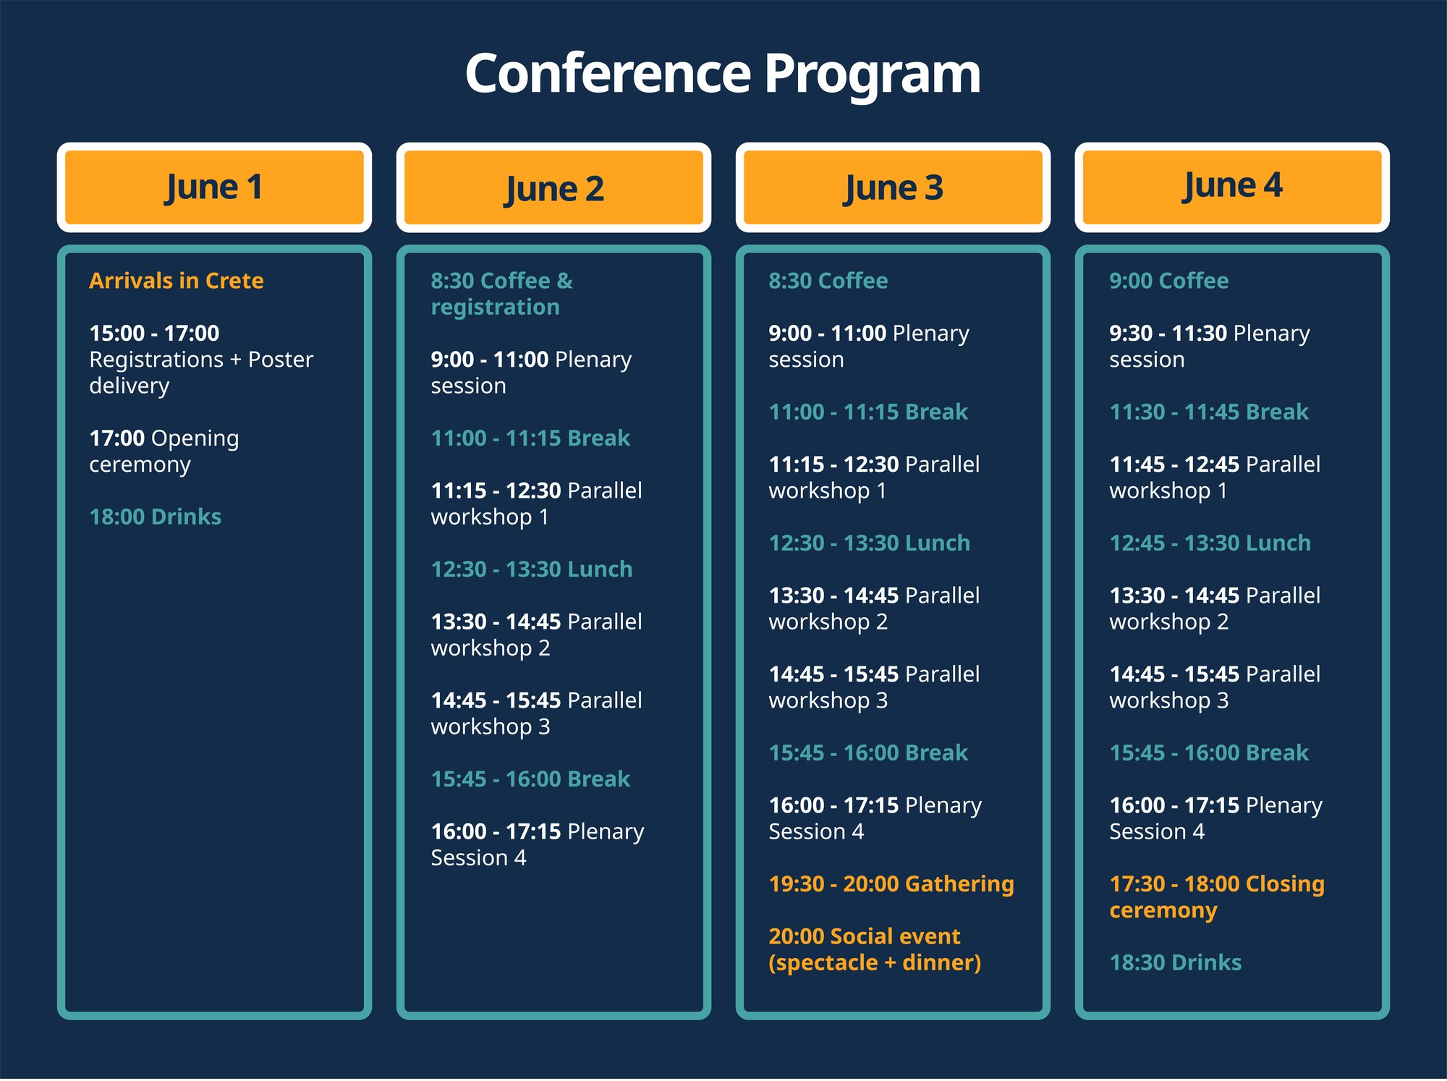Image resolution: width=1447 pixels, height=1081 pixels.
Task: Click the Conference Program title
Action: click(722, 74)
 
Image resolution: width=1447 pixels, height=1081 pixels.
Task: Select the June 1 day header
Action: click(214, 187)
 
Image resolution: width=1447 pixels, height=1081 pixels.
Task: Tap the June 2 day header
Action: click(553, 189)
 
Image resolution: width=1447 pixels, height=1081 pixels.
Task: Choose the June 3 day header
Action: click(893, 188)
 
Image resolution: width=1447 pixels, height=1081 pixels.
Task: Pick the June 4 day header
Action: click(1231, 186)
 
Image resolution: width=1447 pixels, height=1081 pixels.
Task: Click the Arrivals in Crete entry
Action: click(176, 281)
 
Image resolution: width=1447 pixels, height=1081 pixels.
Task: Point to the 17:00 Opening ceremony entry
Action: click(164, 451)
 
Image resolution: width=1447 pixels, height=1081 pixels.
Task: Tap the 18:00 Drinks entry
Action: click(155, 517)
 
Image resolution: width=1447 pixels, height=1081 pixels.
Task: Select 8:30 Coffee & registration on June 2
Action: click(501, 294)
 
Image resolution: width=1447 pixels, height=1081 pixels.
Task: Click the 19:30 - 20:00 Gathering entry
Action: click(891, 883)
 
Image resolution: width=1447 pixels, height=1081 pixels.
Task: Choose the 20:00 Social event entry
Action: click(874, 949)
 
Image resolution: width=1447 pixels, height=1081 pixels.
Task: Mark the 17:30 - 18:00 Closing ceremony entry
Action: click(1216, 896)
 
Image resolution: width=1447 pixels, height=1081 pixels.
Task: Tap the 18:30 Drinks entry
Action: click(1175, 962)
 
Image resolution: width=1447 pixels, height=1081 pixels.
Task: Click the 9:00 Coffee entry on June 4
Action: click(1168, 281)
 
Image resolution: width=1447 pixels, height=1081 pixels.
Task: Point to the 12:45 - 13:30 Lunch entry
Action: click(1210, 543)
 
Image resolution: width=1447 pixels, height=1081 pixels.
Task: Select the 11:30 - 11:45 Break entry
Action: click(1208, 412)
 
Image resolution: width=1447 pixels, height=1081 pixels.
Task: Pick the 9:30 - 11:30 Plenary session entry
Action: click(1209, 346)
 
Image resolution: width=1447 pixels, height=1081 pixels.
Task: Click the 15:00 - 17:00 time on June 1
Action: click(154, 333)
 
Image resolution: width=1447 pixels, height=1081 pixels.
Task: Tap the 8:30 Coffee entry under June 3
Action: click(828, 281)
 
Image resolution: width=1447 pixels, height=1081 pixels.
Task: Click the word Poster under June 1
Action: click(281, 360)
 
